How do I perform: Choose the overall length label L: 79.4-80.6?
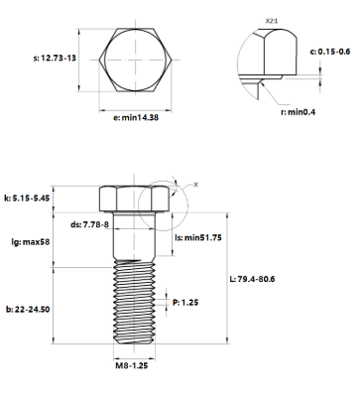[251, 278]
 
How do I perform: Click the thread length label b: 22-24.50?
[28, 310]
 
